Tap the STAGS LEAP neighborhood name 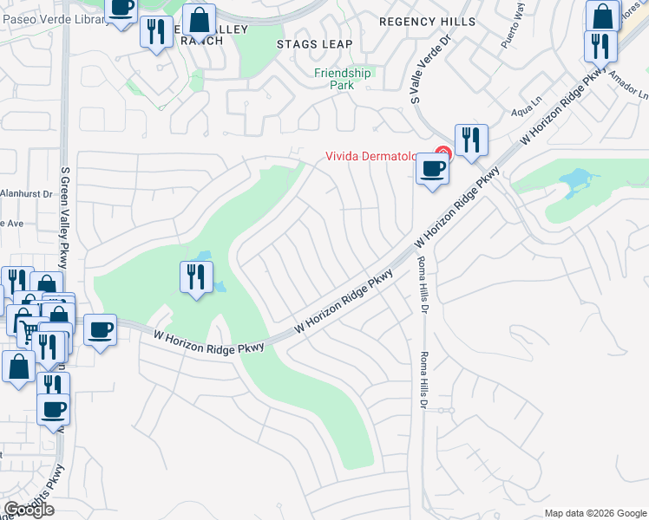(x=314, y=44)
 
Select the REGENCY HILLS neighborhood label (x=428, y=21)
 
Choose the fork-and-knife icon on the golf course (x=196, y=276)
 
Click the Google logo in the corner (x=29, y=510)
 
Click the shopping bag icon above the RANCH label (x=199, y=19)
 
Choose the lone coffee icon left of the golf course (x=101, y=329)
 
